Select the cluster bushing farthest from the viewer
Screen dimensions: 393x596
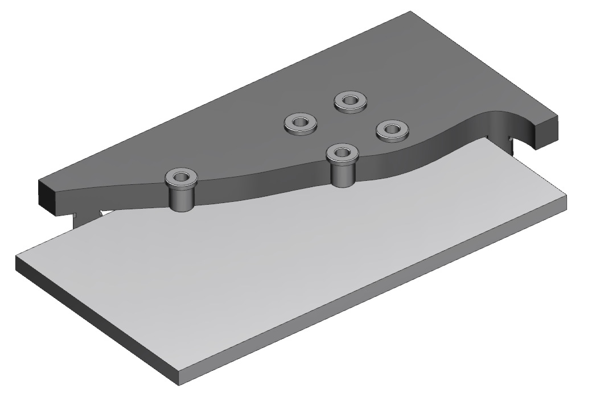(x=350, y=102)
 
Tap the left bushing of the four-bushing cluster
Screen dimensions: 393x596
(x=300, y=123)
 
